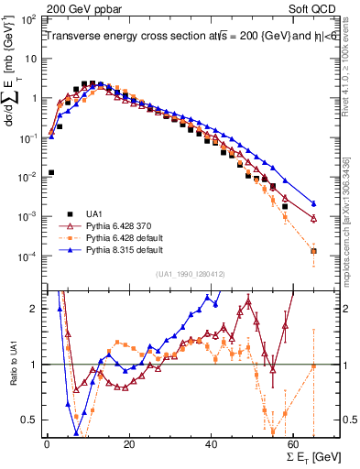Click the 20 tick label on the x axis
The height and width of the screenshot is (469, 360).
[x=129, y=443]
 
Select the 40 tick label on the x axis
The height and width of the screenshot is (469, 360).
[x=212, y=443]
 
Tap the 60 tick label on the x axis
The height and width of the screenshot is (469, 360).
[x=294, y=443]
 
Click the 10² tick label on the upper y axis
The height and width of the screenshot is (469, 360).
[x=27, y=19]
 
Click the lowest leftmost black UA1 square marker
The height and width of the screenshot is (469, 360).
[x=51, y=172]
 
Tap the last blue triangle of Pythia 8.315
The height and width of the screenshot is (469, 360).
[x=314, y=203]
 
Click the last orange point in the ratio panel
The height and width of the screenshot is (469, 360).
[x=314, y=365]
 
